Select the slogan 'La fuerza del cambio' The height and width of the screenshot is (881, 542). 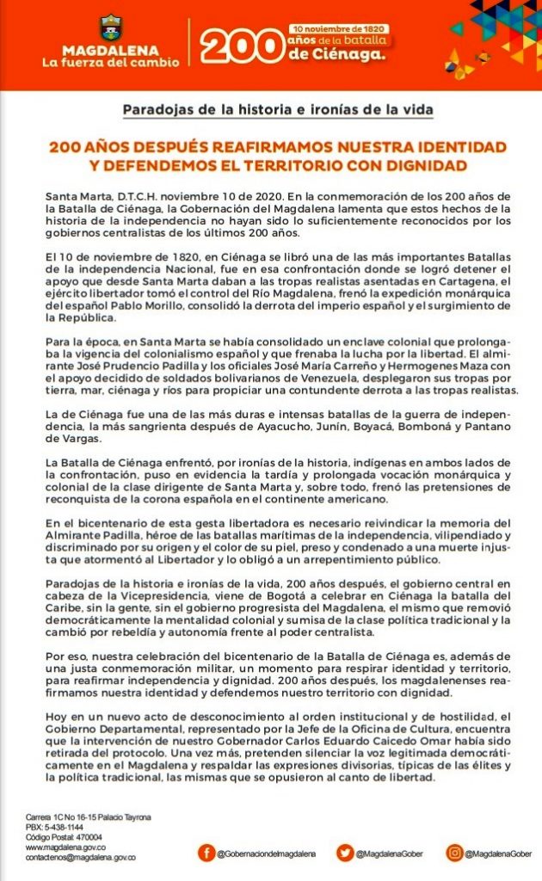[x=112, y=62]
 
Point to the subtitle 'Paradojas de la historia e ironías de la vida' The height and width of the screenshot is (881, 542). [x=277, y=110]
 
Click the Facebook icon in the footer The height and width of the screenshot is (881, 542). [x=206, y=852]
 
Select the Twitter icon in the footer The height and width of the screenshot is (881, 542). [x=344, y=852]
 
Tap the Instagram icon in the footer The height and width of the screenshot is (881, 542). [x=453, y=852]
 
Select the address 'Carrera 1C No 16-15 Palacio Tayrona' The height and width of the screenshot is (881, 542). [x=89, y=816]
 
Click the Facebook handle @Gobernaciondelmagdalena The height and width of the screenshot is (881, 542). [x=267, y=853]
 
